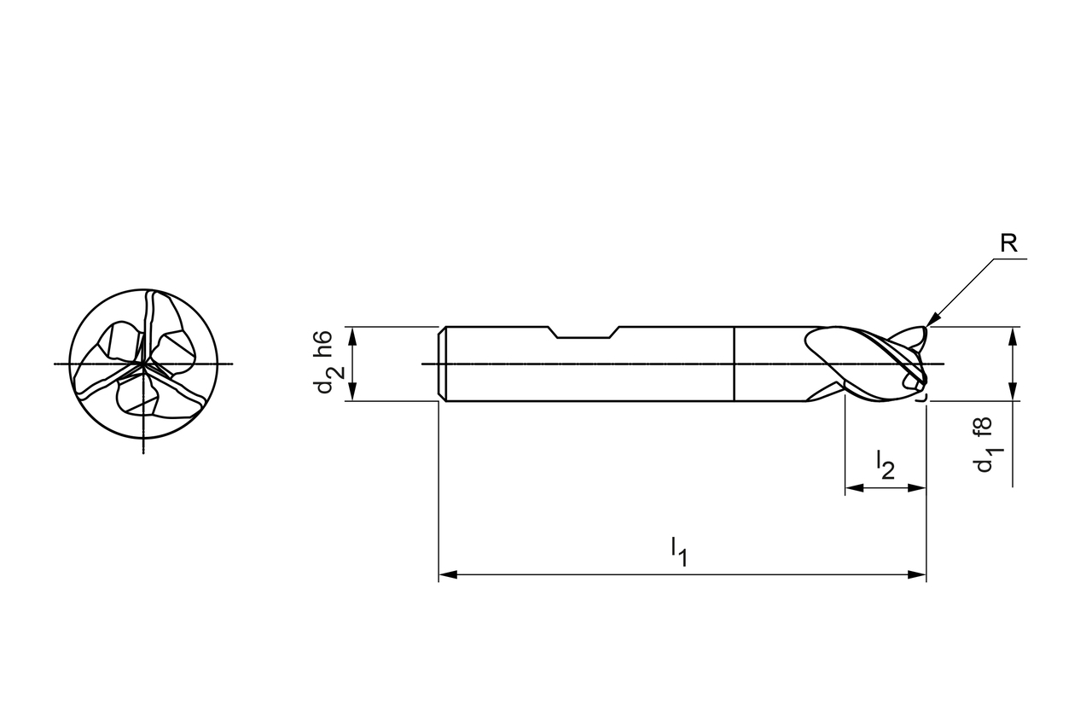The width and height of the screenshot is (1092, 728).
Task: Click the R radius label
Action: tap(1008, 244)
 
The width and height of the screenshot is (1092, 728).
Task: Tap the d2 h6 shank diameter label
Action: tap(324, 363)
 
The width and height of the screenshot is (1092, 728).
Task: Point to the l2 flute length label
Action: tap(886, 464)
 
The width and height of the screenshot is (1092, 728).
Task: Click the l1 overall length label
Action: tap(679, 550)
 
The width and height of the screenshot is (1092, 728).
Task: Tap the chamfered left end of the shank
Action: tap(443, 364)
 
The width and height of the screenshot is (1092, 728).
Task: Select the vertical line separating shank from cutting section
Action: tap(735, 364)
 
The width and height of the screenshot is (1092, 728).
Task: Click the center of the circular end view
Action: tap(143, 364)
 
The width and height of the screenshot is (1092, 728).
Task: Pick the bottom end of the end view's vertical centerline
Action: tap(143, 451)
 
